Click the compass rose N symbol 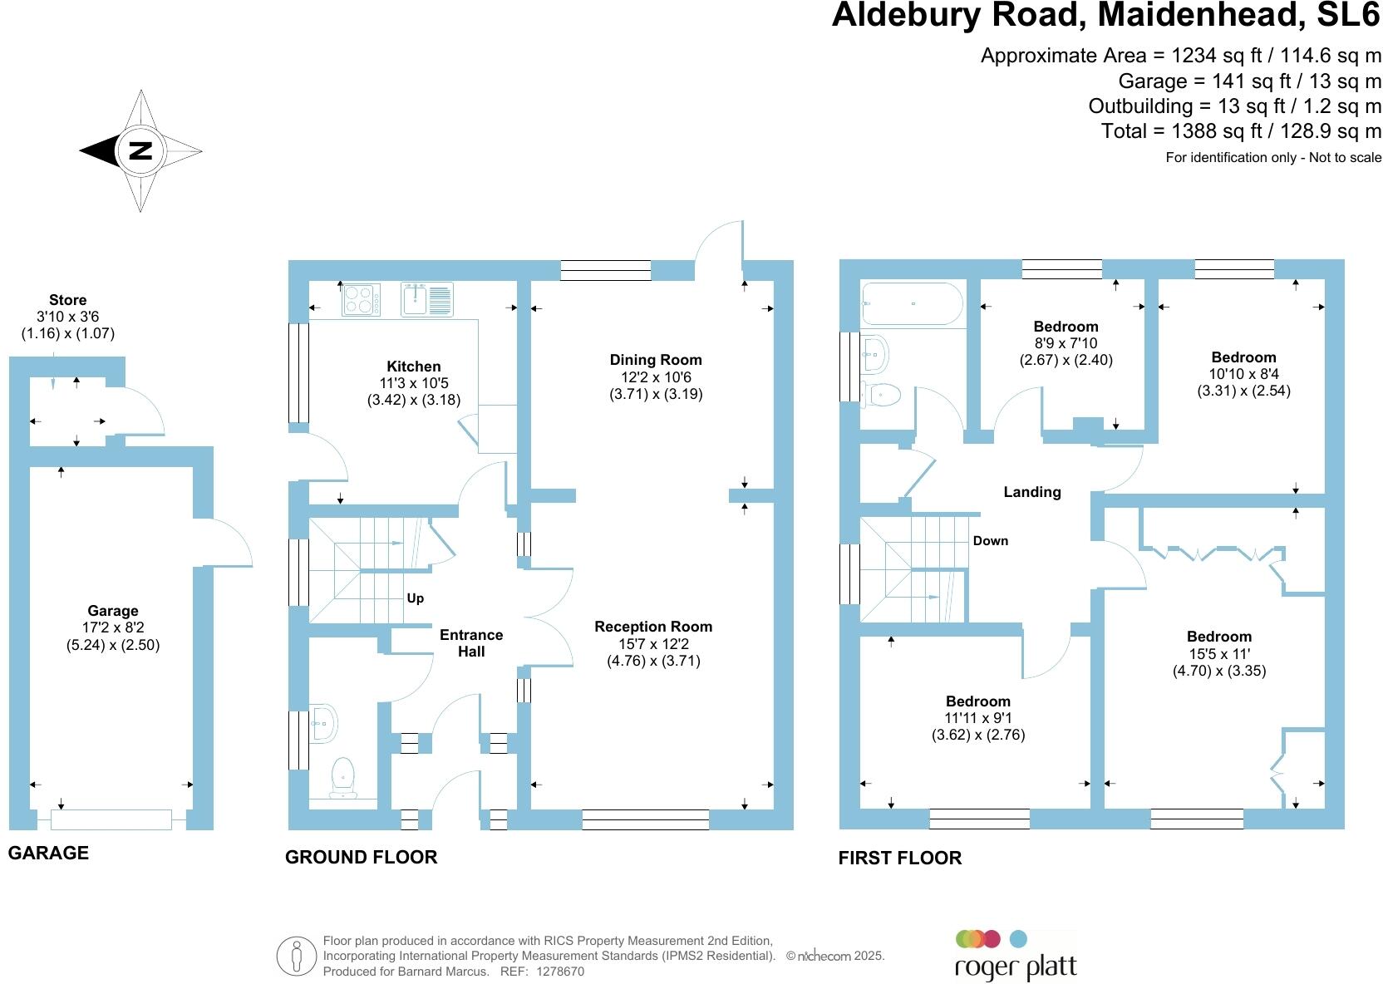tap(141, 150)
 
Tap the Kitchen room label tap(414, 367)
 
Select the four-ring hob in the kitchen tap(362, 300)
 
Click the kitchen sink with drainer tap(427, 300)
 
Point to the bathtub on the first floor tap(913, 303)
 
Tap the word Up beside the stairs tap(416, 598)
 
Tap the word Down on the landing tap(991, 541)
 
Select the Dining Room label tap(656, 360)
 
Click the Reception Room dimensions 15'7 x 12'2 tap(653, 644)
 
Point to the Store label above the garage tap(68, 300)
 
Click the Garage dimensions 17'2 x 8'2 tap(112, 628)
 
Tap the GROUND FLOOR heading tap(361, 857)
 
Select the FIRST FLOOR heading tap(899, 858)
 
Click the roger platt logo tap(1015, 957)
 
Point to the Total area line tap(1241, 131)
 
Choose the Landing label tap(1032, 492)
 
